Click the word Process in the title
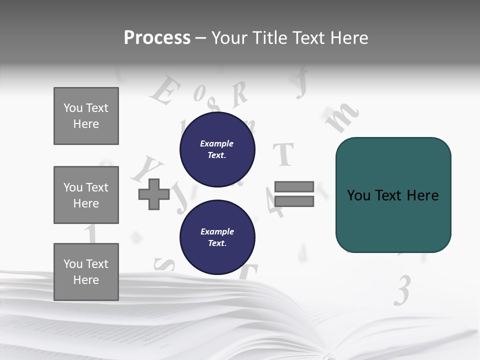click(157, 38)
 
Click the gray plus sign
click(154, 194)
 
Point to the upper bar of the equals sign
click(294, 186)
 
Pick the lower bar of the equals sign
click(294, 201)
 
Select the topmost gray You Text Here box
click(86, 116)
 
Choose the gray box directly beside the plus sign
click(86, 195)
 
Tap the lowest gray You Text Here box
click(86, 272)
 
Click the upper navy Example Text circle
click(217, 149)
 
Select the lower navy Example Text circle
click(217, 237)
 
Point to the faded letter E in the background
click(165, 91)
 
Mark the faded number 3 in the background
click(402, 291)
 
